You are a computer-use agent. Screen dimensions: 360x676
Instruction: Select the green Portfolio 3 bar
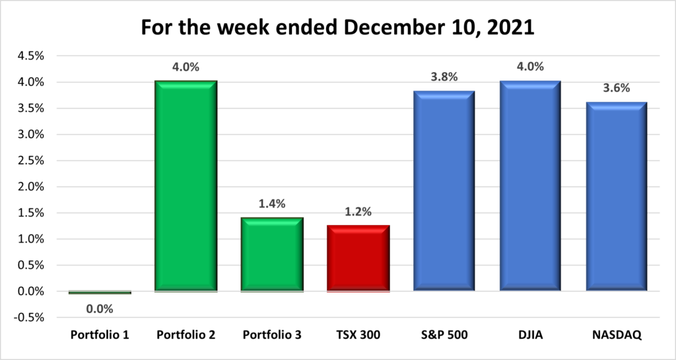click(272, 254)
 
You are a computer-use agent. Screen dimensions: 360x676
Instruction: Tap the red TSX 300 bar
click(358, 258)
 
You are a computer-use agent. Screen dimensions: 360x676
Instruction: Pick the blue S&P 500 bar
click(444, 191)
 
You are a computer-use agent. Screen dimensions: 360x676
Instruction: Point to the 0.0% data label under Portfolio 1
click(100, 308)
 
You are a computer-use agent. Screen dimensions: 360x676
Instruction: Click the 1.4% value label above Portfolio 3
click(272, 204)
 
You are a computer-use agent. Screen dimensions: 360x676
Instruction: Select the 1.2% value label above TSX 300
click(358, 213)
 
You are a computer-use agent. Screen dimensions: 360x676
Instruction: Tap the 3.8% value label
click(444, 77)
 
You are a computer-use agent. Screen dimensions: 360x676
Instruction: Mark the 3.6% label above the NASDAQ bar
click(617, 88)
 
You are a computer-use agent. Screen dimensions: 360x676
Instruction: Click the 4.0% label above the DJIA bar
click(530, 66)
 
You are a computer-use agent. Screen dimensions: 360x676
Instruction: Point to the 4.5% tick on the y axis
click(30, 56)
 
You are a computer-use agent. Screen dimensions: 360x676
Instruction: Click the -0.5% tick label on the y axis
click(29, 317)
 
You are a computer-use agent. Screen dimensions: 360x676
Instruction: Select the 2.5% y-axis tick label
click(30, 161)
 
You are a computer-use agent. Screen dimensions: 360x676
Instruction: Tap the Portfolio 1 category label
click(100, 336)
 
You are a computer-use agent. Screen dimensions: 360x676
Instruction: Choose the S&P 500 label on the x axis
click(444, 336)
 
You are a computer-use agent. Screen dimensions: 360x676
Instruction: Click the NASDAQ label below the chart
click(617, 336)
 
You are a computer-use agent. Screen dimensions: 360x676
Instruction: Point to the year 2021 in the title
click(511, 29)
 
